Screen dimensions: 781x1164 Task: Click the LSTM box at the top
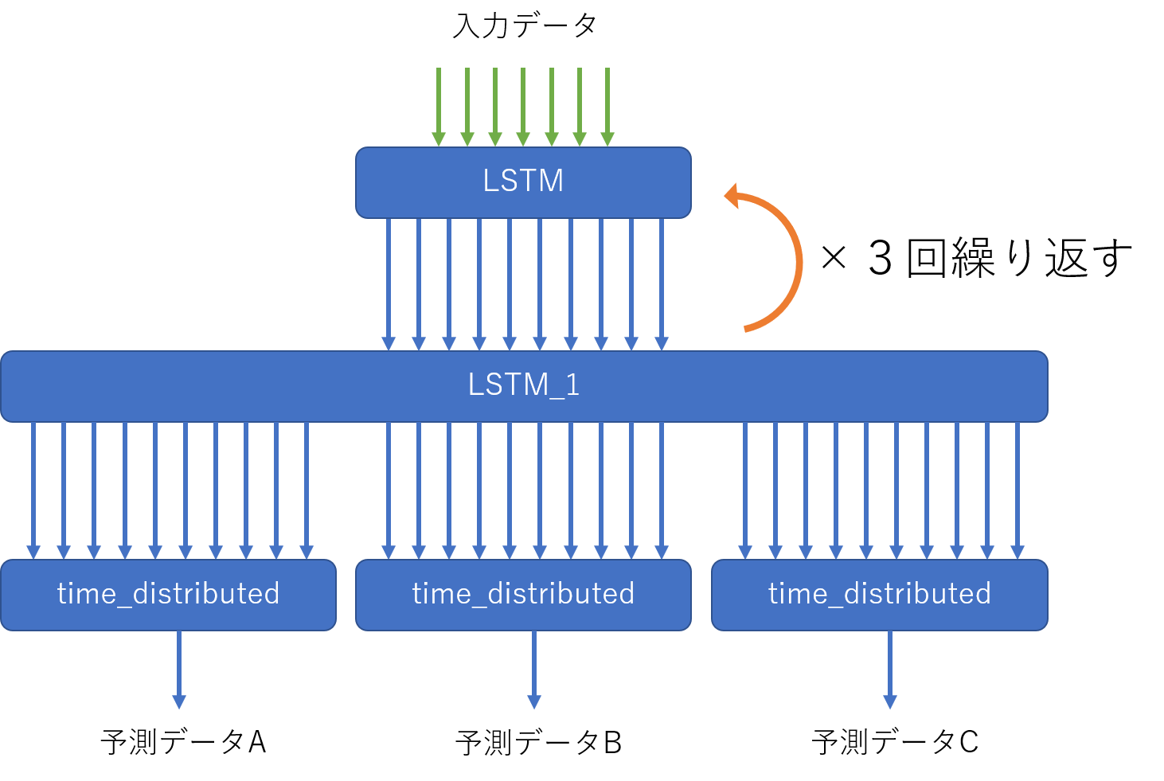tap(523, 182)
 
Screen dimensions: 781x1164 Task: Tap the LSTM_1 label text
tap(523, 385)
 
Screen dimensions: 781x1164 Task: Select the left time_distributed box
tap(168, 595)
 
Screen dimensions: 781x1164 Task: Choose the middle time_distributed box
tap(523, 595)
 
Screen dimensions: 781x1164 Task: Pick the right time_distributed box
tap(879, 595)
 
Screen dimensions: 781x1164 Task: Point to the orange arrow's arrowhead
tap(732, 196)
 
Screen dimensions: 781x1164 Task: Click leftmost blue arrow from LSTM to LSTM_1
tap(389, 283)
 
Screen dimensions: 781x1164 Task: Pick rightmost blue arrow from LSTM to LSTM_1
tap(662, 283)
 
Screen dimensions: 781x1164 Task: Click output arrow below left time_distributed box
tap(179, 669)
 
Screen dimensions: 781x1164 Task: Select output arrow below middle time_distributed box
tap(534, 669)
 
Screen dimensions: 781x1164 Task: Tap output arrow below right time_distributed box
tap(890, 669)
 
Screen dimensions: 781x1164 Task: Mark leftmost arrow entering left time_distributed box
tap(33, 490)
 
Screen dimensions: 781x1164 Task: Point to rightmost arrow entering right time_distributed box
tap(1018, 490)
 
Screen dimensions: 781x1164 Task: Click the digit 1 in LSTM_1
tap(572, 385)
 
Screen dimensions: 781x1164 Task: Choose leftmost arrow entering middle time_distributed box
tap(389, 490)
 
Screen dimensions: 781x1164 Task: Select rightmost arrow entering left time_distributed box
tap(307, 490)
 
